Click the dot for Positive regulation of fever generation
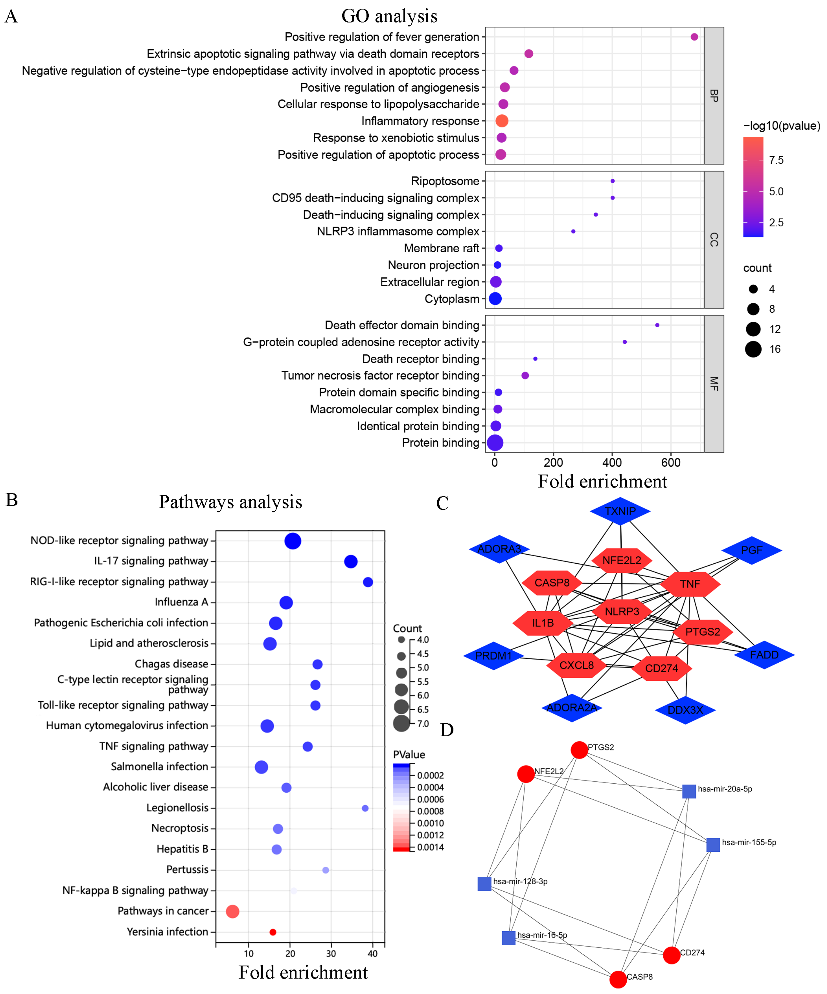(x=694, y=37)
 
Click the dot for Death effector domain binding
(x=657, y=325)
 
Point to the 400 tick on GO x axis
(x=612, y=463)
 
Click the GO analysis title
(x=389, y=16)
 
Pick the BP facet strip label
(x=714, y=96)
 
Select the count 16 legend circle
(x=753, y=349)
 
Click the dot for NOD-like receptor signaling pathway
(x=293, y=541)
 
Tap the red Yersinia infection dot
(x=273, y=932)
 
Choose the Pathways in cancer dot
(x=232, y=911)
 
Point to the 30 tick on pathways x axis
(x=331, y=953)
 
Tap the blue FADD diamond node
(x=764, y=655)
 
